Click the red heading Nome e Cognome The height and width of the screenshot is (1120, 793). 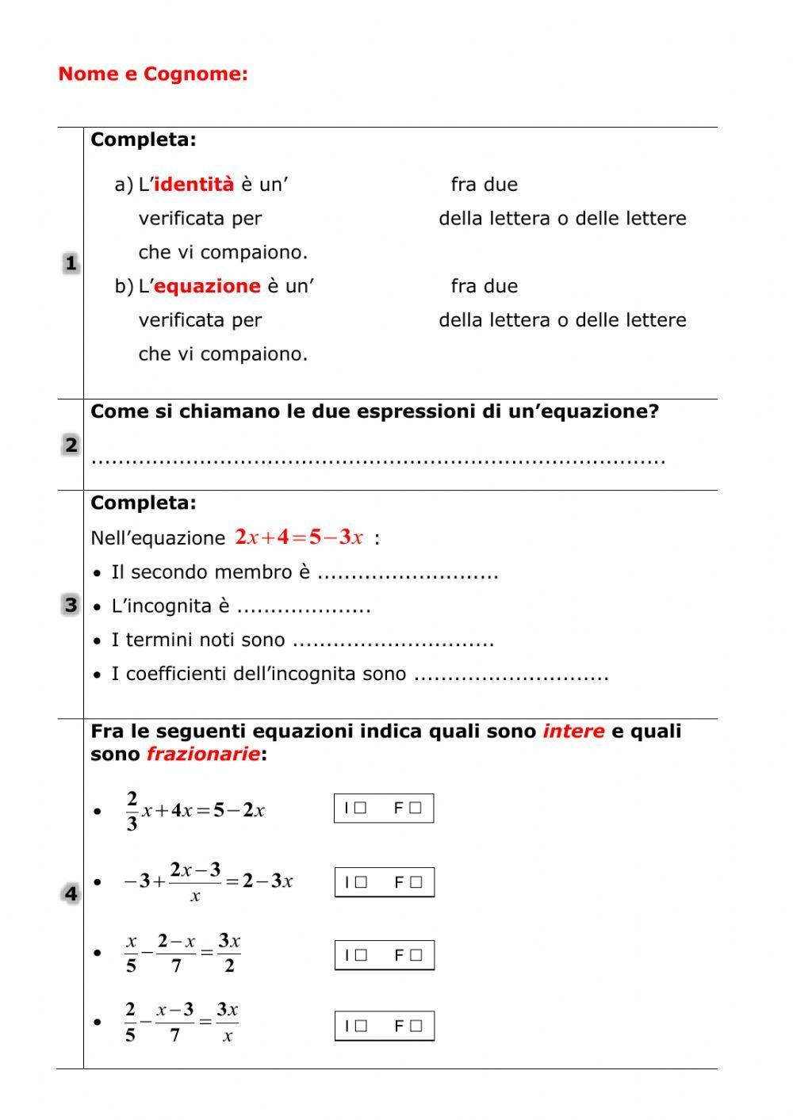[153, 75]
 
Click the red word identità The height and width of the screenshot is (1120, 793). [193, 185]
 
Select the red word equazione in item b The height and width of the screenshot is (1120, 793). [207, 286]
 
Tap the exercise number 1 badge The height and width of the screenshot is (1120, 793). [71, 263]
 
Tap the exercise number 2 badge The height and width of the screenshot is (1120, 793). [71, 445]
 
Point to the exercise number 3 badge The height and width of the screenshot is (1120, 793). [71, 606]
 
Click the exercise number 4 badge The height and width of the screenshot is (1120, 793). [71, 894]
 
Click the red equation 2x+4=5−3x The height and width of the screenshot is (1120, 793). [299, 537]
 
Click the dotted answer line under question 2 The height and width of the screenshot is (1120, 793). [378, 460]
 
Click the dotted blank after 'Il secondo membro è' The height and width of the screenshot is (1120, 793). [408, 573]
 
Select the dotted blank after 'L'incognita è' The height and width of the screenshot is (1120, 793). [304, 607]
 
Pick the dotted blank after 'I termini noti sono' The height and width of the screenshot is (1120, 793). [393, 641]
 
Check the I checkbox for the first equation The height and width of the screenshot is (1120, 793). [361, 808]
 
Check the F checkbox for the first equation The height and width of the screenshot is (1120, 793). [416, 808]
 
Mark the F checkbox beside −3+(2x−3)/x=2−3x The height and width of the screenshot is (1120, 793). [416, 882]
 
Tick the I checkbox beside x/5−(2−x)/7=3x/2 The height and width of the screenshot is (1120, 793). [361, 955]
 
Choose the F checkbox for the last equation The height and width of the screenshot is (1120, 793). [416, 1026]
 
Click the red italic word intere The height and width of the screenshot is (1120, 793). [573, 732]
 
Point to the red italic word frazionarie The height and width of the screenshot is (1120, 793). [203, 755]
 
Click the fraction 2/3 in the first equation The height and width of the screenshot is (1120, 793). [132, 810]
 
